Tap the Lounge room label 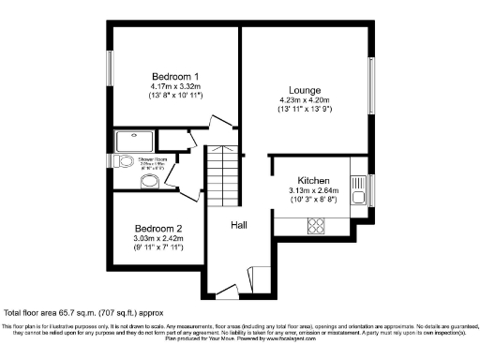pos(306,90)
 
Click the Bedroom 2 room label pos(157,229)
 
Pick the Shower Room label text pos(151,158)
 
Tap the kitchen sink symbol pos(357,198)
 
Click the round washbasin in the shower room pos(149,183)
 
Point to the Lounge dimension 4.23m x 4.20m pos(306,101)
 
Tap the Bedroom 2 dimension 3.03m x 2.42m pos(157,239)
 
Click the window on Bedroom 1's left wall pos(111,71)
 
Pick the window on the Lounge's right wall pos(373,87)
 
